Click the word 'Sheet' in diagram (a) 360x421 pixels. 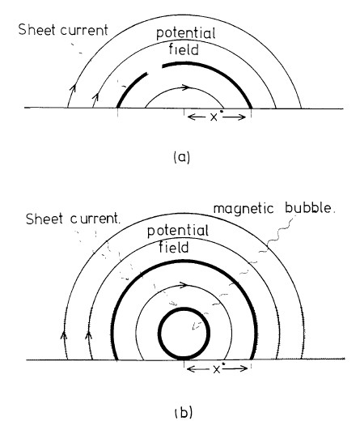click(x=37, y=29)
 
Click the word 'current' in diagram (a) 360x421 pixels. click(x=84, y=30)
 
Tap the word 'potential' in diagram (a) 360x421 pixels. click(x=186, y=34)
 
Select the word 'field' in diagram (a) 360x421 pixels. click(x=184, y=49)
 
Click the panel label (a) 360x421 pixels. click(x=182, y=157)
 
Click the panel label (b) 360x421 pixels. click(x=184, y=412)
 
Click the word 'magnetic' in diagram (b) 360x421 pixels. click(x=244, y=209)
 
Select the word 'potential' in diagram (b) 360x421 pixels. click(x=178, y=231)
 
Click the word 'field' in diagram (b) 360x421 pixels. click(x=174, y=247)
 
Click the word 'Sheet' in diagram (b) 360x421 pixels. click(x=44, y=219)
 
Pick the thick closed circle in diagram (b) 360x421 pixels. click(x=184, y=308)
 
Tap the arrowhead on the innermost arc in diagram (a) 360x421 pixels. click(x=185, y=87)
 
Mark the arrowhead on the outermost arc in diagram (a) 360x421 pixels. click(x=73, y=87)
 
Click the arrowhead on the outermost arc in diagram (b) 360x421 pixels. click(x=64, y=335)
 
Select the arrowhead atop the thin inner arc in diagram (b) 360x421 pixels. click(x=184, y=285)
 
